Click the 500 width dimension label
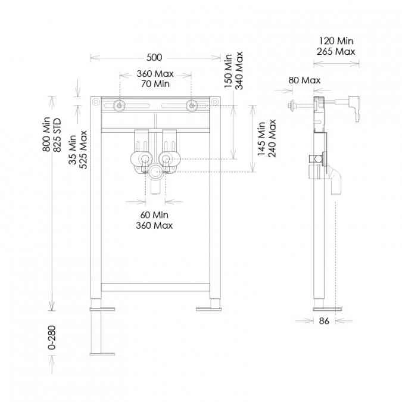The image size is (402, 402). point(154,57)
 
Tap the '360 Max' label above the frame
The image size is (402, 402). point(155,74)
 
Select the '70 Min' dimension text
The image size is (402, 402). point(155,84)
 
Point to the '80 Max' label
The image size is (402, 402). point(304,80)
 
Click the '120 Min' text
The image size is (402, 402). point(336,40)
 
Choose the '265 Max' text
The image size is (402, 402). point(336,52)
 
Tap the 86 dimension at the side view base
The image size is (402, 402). point(324,321)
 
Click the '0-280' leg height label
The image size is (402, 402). point(52,338)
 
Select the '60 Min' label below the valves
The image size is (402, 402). point(154,215)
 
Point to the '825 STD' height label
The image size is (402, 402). point(57,135)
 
